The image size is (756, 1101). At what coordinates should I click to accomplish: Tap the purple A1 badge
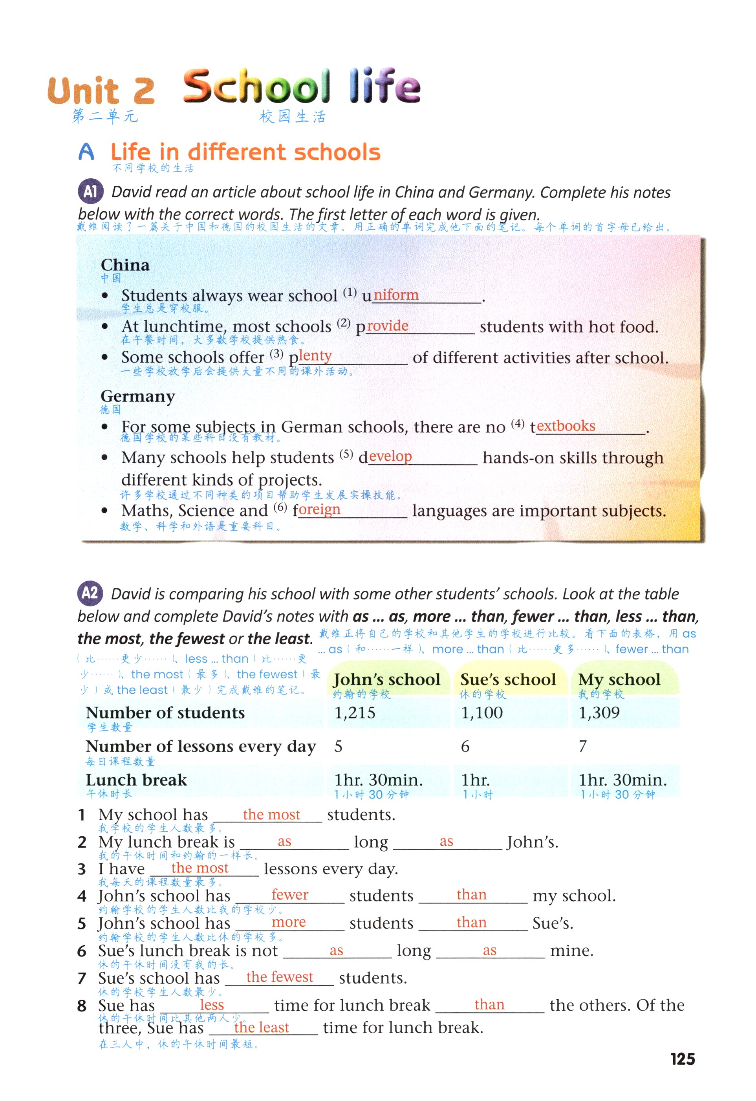click(x=90, y=191)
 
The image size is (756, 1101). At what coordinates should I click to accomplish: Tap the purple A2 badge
click(x=90, y=593)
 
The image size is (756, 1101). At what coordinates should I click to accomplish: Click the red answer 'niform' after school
click(x=396, y=295)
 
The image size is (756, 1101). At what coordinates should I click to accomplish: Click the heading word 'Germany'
click(x=138, y=396)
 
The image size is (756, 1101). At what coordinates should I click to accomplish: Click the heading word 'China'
click(x=125, y=265)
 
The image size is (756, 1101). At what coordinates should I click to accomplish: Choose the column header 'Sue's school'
click(x=508, y=680)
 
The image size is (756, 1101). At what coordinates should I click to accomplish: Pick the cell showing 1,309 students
click(x=599, y=713)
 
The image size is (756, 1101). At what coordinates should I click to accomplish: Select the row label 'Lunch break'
click(x=136, y=780)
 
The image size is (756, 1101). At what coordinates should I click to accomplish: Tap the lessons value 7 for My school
click(x=583, y=746)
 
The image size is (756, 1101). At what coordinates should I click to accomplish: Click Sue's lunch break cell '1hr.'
click(x=476, y=780)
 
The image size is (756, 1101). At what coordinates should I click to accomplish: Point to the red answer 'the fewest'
click(x=280, y=977)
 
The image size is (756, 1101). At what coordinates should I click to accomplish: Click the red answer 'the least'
click(x=262, y=1027)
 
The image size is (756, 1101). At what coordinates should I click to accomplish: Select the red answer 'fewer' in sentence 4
click(x=290, y=894)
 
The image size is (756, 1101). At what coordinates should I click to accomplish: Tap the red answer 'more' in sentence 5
click(x=289, y=922)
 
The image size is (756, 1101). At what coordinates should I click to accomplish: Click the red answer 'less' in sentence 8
click(x=212, y=1004)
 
